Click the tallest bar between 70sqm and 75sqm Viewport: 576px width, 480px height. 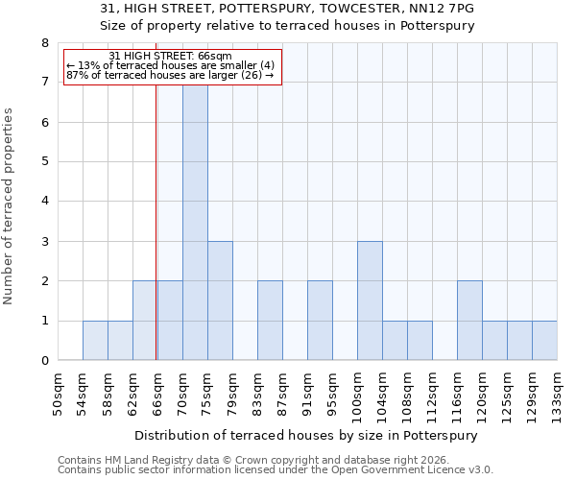tap(195, 221)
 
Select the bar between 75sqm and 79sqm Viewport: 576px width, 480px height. tap(220, 300)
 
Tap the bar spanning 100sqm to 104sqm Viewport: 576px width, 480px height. tap(370, 300)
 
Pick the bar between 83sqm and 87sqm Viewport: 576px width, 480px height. tap(270, 321)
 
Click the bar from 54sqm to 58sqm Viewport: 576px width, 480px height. tap(95, 341)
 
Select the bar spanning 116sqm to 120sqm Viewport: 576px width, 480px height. tap(469, 321)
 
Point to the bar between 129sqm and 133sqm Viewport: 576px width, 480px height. tap(544, 341)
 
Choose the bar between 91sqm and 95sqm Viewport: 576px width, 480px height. tap(320, 321)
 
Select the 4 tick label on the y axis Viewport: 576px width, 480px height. tap(44, 202)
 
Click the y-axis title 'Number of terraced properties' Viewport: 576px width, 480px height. tap(9, 206)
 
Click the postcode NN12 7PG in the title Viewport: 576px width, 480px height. tap(447, 9)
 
